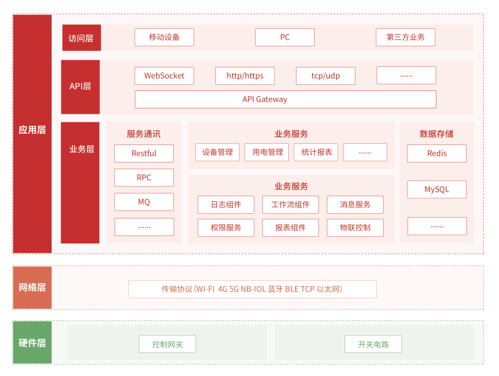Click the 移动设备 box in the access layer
164,37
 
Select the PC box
285,37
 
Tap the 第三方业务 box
406,37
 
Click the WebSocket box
164,76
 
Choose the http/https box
245,76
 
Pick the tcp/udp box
326,76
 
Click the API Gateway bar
286,99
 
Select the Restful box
144,154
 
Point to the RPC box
144,178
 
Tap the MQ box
144,202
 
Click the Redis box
437,154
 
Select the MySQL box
437,190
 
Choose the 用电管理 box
266,152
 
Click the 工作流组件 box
291,205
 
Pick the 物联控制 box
355,228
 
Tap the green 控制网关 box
167,344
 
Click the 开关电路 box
373,344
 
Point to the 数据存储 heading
436,134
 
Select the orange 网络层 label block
32,288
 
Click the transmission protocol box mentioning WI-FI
253,289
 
